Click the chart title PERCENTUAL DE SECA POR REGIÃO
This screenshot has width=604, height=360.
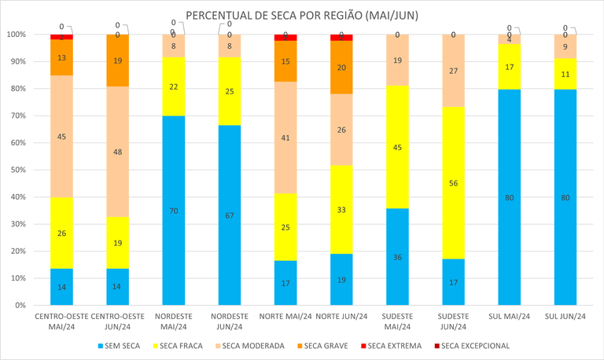pos(301,16)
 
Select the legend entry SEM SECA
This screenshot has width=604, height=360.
pos(121,345)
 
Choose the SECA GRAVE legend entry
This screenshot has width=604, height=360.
pos(323,345)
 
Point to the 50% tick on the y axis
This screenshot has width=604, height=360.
pos(17,170)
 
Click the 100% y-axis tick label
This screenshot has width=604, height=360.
pos(15,35)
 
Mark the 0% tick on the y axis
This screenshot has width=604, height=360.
pos(19,305)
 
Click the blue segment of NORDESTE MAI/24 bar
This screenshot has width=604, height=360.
pos(173,210)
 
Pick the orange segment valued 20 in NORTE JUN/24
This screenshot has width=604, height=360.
pos(341,68)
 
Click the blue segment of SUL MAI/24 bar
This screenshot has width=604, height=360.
pos(509,197)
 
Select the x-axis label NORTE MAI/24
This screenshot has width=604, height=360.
pos(285,316)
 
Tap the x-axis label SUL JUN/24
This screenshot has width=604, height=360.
pos(565,316)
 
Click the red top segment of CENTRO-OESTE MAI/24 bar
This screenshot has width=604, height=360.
pos(61,37)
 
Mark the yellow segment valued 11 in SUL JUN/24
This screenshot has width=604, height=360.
pos(565,74)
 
